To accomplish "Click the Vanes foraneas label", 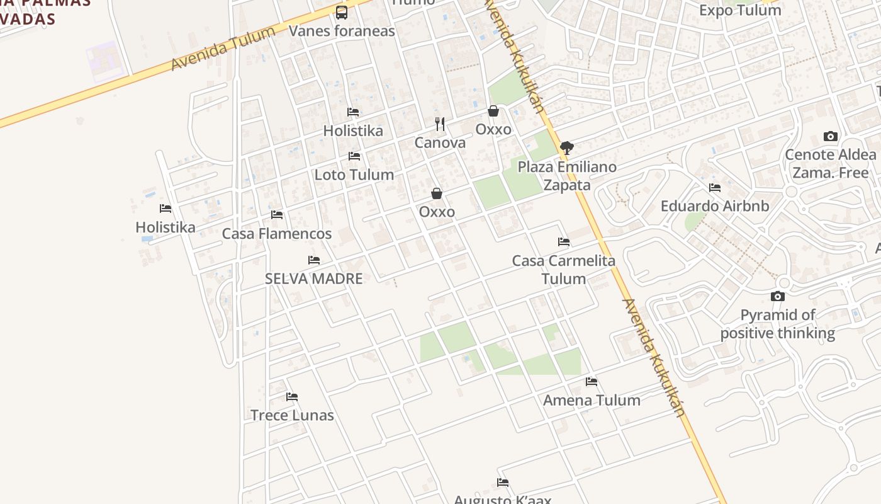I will coord(342,31).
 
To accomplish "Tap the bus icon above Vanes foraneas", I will coord(342,12).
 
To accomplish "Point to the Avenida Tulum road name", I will coord(223,49).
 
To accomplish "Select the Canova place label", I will coord(440,143).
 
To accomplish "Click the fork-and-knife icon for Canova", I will coord(440,124).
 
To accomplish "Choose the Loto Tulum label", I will coord(354,175).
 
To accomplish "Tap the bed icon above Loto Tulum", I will coord(354,156).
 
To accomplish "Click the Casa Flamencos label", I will coord(277,234).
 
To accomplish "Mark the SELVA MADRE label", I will coord(314,278).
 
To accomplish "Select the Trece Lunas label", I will coord(292,415).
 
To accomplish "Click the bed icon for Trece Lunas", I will coord(292,397).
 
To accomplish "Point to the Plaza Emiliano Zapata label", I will coord(567,176).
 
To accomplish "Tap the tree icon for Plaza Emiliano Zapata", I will coord(567,148).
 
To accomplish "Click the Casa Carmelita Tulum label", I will coord(564,270).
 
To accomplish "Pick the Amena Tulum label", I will coord(592,400).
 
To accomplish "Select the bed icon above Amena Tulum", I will coord(592,382).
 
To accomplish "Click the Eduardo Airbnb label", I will coord(715,206).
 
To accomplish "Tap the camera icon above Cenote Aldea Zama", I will coord(831,137).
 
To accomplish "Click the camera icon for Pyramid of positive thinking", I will coord(778,297).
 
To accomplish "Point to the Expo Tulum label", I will coord(740,10).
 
